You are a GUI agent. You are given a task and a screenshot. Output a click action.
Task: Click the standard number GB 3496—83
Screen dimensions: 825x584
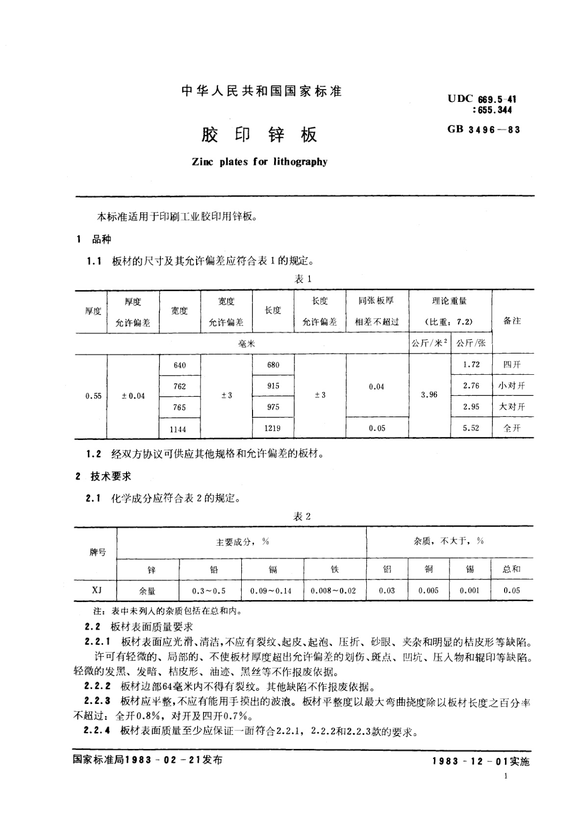(483, 129)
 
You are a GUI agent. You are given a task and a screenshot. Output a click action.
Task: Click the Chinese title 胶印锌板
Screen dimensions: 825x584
(259, 135)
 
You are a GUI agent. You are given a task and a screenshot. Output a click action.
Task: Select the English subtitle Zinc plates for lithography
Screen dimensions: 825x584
(259, 162)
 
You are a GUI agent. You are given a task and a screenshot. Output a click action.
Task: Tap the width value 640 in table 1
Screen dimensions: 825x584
(179, 365)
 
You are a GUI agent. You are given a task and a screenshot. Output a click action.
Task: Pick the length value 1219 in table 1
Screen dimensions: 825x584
(273, 428)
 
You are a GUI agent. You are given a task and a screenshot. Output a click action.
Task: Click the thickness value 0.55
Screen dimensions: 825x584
(93, 396)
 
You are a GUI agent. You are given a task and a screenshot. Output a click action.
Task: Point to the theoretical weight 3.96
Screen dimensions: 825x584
(429, 394)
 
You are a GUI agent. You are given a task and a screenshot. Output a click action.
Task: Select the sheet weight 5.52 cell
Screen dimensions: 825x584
(471, 428)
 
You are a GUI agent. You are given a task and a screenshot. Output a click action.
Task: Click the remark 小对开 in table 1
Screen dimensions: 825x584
(511, 386)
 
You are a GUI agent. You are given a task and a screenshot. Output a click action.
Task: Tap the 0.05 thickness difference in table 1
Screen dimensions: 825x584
(377, 428)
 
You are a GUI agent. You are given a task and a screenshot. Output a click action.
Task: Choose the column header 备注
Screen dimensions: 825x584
(512, 321)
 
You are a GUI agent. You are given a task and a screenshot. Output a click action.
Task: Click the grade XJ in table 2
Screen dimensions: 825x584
(97, 590)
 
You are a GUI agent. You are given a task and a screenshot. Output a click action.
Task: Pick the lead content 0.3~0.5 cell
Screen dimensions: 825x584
(209, 591)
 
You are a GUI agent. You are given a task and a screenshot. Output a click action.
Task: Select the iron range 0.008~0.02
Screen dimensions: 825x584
(333, 591)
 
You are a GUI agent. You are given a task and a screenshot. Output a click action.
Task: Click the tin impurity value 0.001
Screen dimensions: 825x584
(469, 590)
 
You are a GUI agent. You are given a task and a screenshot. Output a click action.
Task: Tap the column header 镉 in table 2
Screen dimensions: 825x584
(273, 569)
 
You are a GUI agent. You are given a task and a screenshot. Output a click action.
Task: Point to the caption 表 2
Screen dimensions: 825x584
(302, 516)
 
